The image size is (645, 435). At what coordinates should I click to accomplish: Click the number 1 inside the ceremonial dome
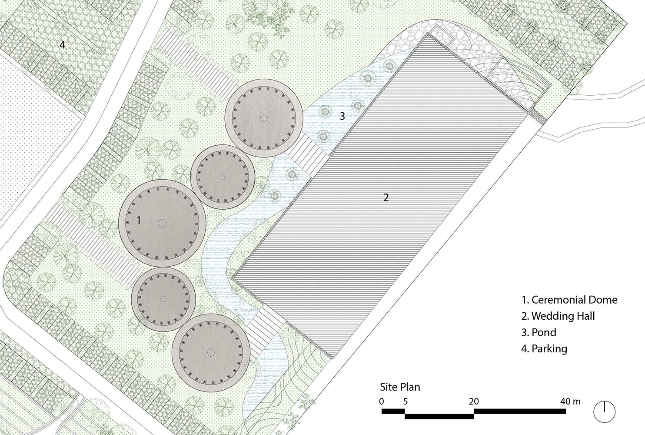[139, 220]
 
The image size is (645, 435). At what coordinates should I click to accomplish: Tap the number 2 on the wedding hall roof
[386, 197]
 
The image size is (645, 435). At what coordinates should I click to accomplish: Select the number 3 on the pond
[342, 116]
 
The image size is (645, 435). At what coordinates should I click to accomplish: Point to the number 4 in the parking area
[62, 44]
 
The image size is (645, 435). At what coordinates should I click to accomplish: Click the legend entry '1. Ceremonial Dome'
[569, 300]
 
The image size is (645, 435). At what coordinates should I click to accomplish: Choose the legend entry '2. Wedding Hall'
[558, 316]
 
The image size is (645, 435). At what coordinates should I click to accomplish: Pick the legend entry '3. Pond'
[539, 332]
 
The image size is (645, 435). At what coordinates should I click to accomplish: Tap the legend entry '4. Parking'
[544, 349]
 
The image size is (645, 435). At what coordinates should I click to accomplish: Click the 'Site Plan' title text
[400, 387]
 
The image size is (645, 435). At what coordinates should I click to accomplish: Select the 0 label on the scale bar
[382, 401]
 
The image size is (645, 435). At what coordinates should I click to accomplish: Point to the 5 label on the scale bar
[405, 401]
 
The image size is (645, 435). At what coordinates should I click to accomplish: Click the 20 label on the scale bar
[474, 401]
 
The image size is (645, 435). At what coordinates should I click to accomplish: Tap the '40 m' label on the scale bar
[570, 401]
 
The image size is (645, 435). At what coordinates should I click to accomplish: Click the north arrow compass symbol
[605, 412]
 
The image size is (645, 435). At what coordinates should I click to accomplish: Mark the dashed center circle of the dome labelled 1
[162, 223]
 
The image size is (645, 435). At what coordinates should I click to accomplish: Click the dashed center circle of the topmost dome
[263, 118]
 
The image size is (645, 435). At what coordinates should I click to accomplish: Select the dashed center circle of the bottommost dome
[211, 353]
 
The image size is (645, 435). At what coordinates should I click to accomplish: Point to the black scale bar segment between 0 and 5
[393, 412]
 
